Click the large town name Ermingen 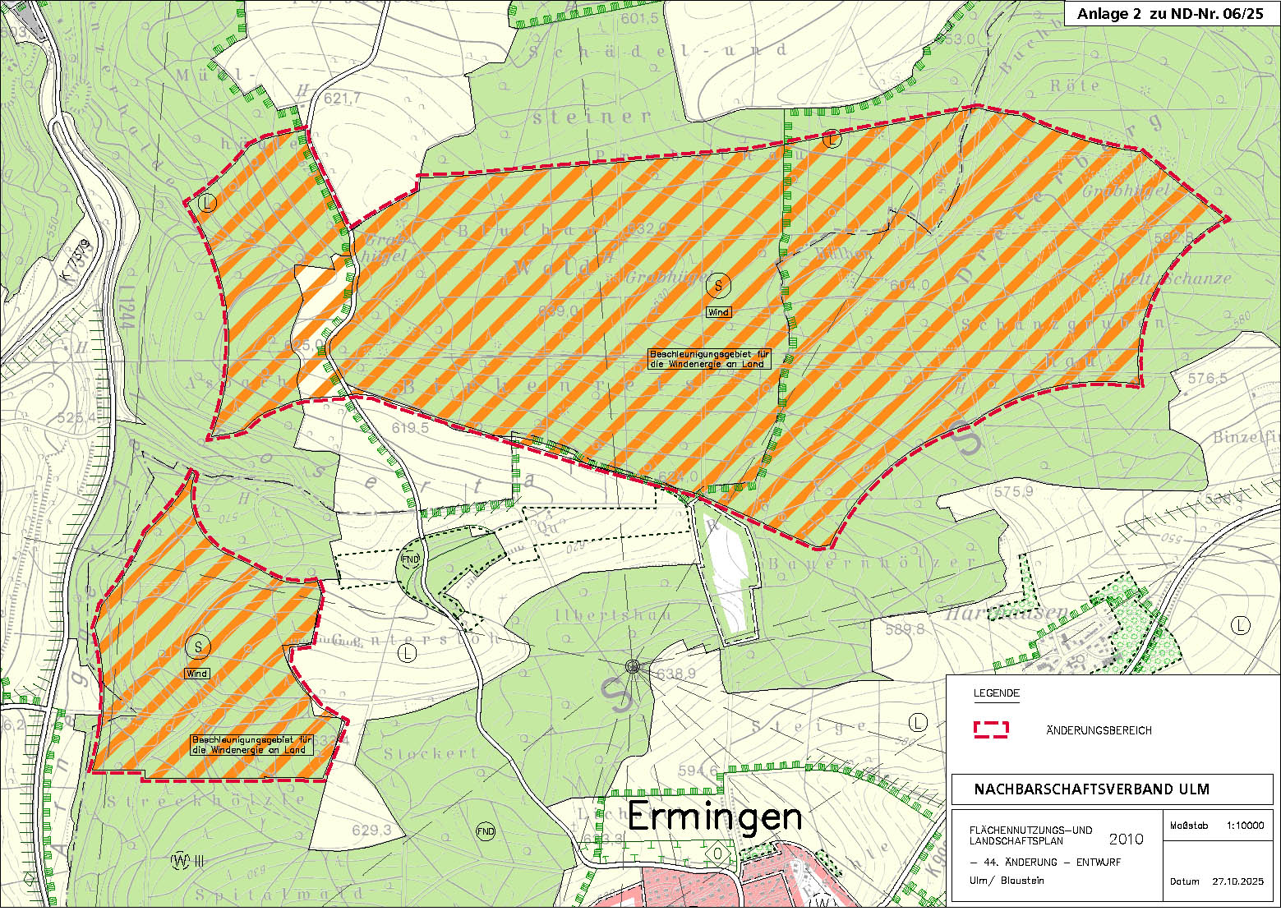tap(715, 817)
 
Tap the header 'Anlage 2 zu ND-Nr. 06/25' tap(1170, 14)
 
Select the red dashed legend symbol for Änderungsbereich tap(991, 729)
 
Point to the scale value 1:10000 tap(1245, 826)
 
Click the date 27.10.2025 tap(1237, 881)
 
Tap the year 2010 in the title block tap(1126, 839)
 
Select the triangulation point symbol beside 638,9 tap(632, 667)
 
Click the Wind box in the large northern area tap(718, 312)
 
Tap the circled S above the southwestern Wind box tap(197, 646)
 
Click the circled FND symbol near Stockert tap(486, 831)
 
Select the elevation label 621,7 tap(343, 99)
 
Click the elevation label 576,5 tap(1207, 379)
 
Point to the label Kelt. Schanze tap(1173, 278)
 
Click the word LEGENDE tap(996, 693)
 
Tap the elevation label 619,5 tap(410, 428)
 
